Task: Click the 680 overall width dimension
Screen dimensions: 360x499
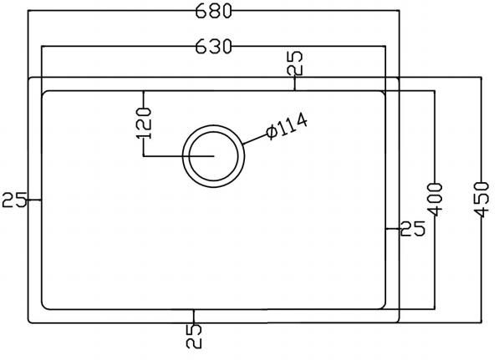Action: click(x=212, y=12)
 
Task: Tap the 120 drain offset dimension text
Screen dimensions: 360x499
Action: click(x=144, y=123)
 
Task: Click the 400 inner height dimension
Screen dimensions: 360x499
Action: click(x=434, y=198)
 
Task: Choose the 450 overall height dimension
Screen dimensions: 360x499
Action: click(x=482, y=198)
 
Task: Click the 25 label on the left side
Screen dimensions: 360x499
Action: click(x=12, y=200)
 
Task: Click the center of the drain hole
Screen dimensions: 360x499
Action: click(x=215, y=156)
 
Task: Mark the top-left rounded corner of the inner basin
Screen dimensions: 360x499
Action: click(x=46, y=94)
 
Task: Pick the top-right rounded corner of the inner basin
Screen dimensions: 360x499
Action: click(x=381, y=94)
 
